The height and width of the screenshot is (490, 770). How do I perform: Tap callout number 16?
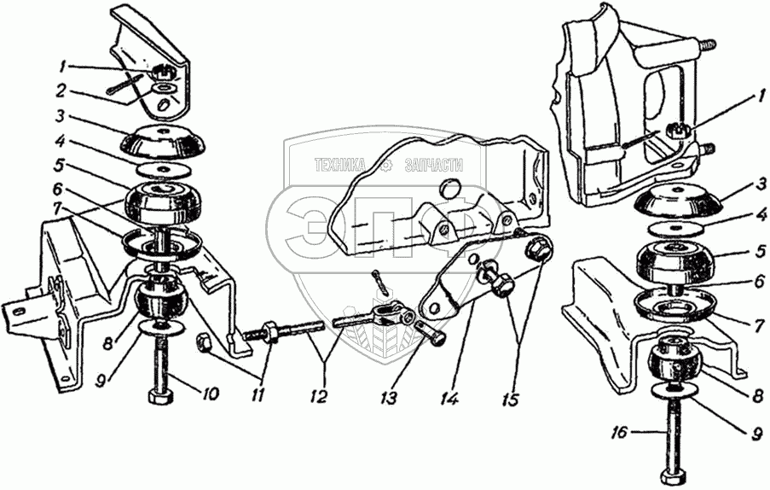[622, 434]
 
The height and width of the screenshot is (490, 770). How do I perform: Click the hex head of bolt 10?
[159, 397]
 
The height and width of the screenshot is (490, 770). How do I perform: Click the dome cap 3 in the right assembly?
[680, 205]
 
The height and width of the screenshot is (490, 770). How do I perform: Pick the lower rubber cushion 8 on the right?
[675, 365]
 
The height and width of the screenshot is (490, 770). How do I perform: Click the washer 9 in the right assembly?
[675, 392]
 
